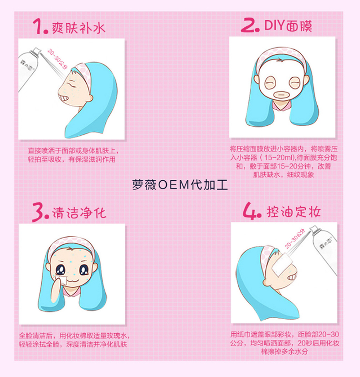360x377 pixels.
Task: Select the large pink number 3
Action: (x=38, y=213)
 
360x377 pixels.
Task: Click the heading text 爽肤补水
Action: (x=79, y=28)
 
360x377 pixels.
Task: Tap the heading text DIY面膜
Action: (x=288, y=26)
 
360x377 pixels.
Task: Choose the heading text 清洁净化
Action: (x=79, y=213)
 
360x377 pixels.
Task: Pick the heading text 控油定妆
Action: (x=293, y=212)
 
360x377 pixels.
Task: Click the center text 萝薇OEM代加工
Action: (x=180, y=185)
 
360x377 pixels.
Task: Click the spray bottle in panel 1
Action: (x=28, y=68)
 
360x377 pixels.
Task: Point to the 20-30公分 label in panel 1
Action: (x=57, y=59)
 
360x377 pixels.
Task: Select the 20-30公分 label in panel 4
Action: (x=295, y=238)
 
